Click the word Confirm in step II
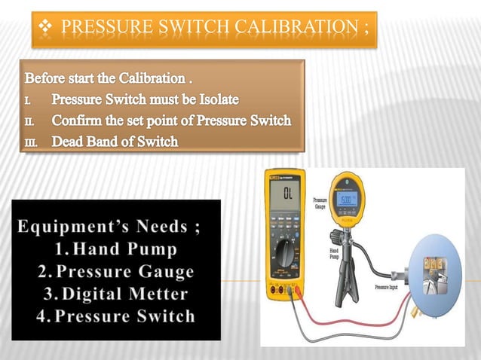81,121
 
